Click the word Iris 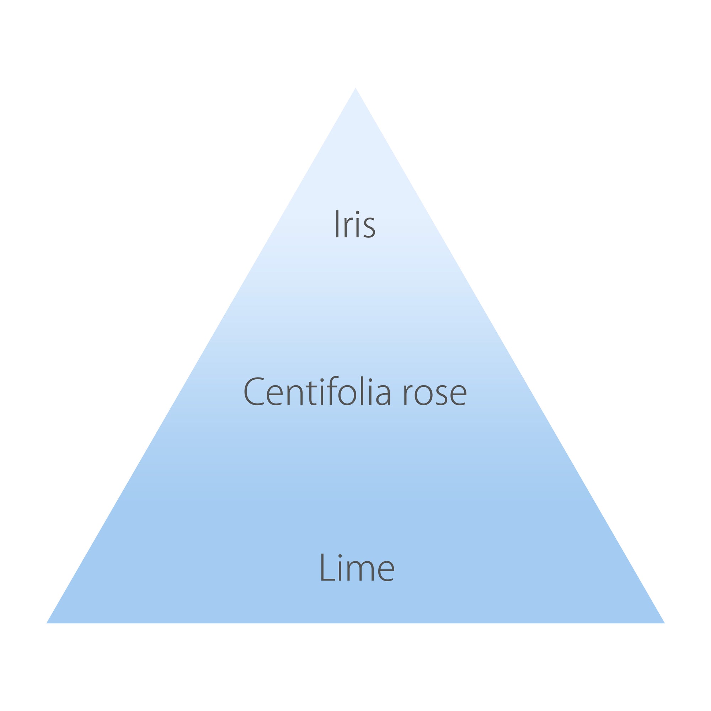point(355,224)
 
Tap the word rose point(435,395)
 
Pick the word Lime point(357,567)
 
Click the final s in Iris point(369,228)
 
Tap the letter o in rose point(423,395)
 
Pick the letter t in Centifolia point(311,393)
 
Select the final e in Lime point(386,572)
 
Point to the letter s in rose point(442,395)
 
